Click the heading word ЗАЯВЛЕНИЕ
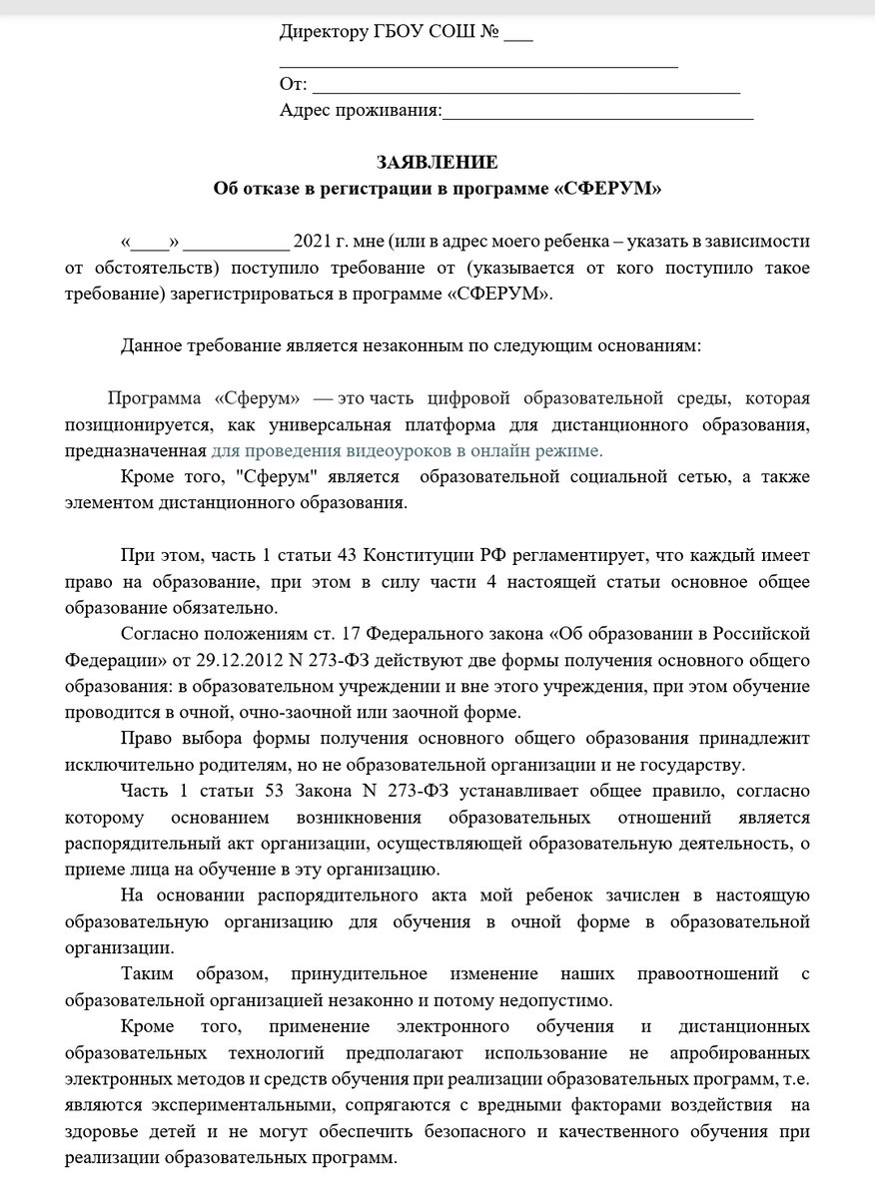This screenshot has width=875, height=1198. point(437,163)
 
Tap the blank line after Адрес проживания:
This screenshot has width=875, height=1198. point(597,112)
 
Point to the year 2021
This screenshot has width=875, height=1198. point(313,243)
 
